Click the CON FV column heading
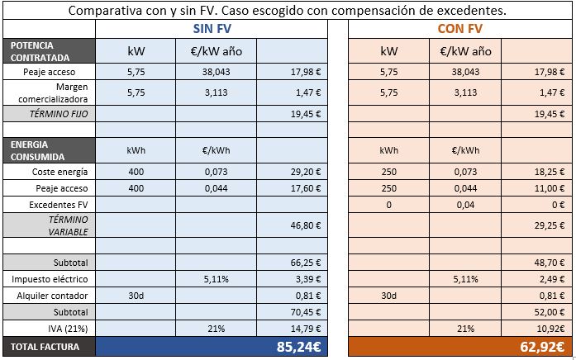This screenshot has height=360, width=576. click(x=459, y=29)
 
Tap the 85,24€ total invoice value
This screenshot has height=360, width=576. click(x=298, y=347)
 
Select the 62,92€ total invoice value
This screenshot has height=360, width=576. click(x=544, y=347)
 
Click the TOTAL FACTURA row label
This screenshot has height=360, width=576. click(x=45, y=347)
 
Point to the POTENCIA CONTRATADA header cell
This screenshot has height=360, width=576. click(x=48, y=51)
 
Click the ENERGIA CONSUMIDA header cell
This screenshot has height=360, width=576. click(x=48, y=150)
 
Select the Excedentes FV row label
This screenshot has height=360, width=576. click(x=48, y=203)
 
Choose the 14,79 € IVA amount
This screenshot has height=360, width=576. click(x=305, y=328)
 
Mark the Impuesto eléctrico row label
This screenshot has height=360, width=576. click(x=48, y=279)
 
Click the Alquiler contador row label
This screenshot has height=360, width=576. click(x=48, y=296)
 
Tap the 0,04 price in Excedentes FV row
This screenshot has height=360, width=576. click(x=465, y=203)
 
